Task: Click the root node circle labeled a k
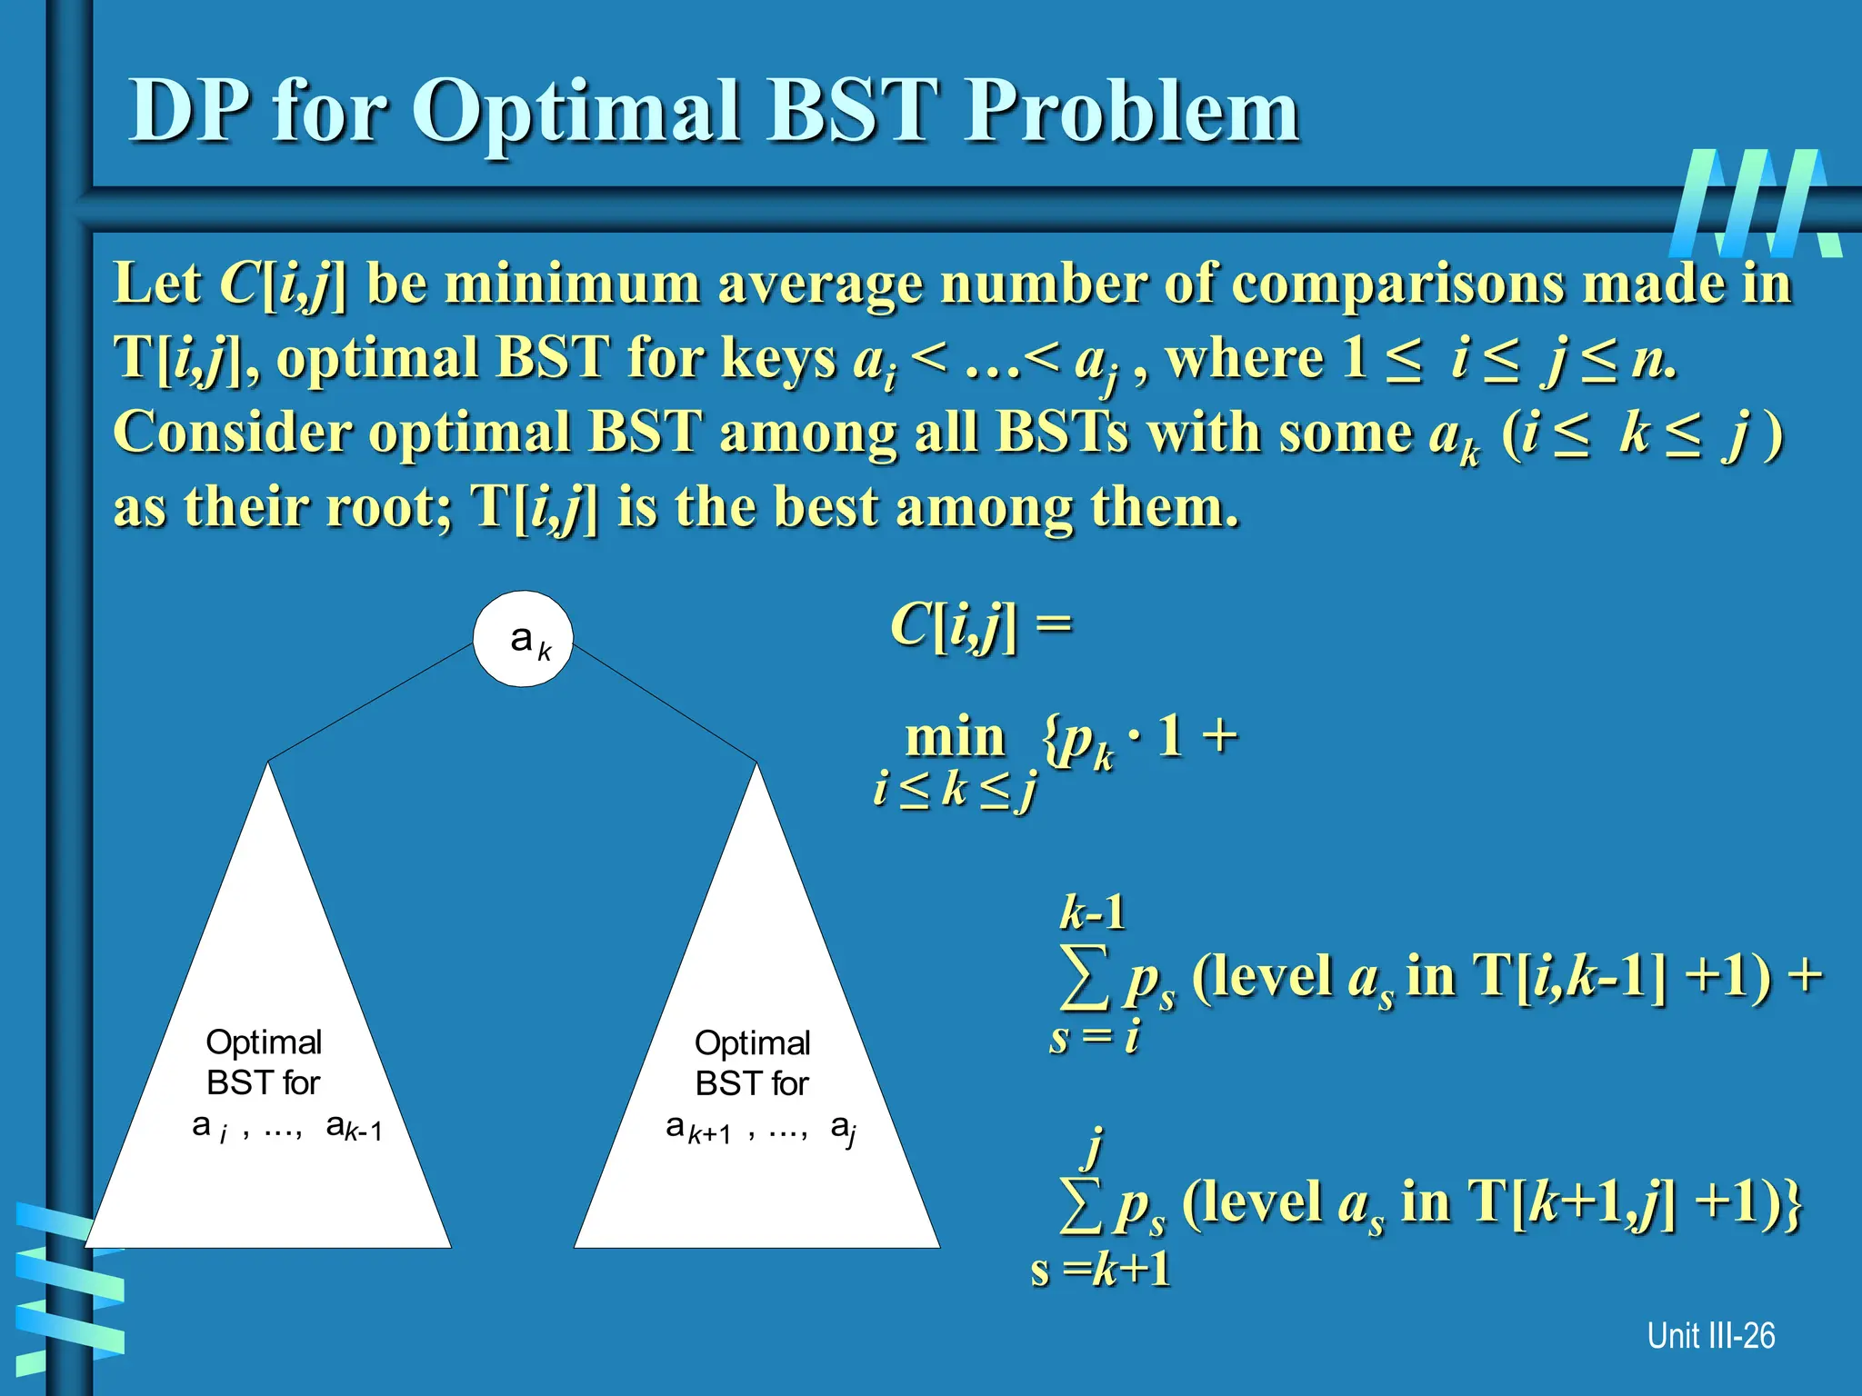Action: point(523,639)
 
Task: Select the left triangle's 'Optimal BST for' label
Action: point(264,1062)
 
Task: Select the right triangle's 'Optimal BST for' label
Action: point(752,1062)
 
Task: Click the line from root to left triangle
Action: point(371,702)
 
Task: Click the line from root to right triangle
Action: point(665,702)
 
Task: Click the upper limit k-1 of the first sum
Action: point(1092,912)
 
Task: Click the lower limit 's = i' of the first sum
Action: point(1094,1037)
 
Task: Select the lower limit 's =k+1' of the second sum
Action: point(1100,1269)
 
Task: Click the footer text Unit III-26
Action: point(1710,1335)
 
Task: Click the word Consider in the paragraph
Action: point(232,432)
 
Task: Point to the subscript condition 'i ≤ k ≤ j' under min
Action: point(954,789)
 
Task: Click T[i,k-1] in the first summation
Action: point(1570,976)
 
